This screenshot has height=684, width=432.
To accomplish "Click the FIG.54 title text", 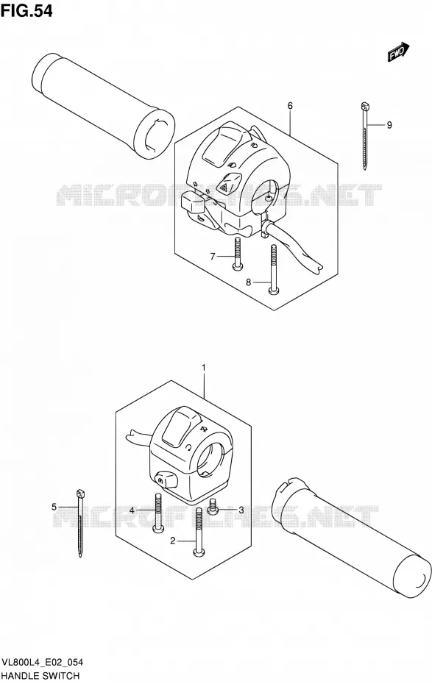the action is tap(26, 11).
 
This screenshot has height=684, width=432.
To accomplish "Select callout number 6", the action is tap(290, 106).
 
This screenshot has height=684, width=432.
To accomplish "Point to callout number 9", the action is tap(389, 125).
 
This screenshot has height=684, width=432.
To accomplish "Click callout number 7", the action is tap(213, 257).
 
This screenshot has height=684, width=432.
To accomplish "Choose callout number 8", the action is tap(249, 282).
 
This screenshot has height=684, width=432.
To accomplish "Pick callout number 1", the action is tap(204, 369).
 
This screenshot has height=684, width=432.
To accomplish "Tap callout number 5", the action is tap(54, 507).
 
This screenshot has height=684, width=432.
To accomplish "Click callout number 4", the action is tap(132, 510).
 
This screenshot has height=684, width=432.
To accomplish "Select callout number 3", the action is tap(241, 510).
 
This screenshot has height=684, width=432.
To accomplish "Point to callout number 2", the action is tap(173, 541).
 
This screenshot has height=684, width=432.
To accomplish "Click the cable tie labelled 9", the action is tap(365, 135).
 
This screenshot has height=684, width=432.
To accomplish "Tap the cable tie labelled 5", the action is tap(80, 523).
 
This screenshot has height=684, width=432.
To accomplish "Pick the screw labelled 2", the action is tap(199, 532).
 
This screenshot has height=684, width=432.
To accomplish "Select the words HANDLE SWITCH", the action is tap(40, 676).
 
